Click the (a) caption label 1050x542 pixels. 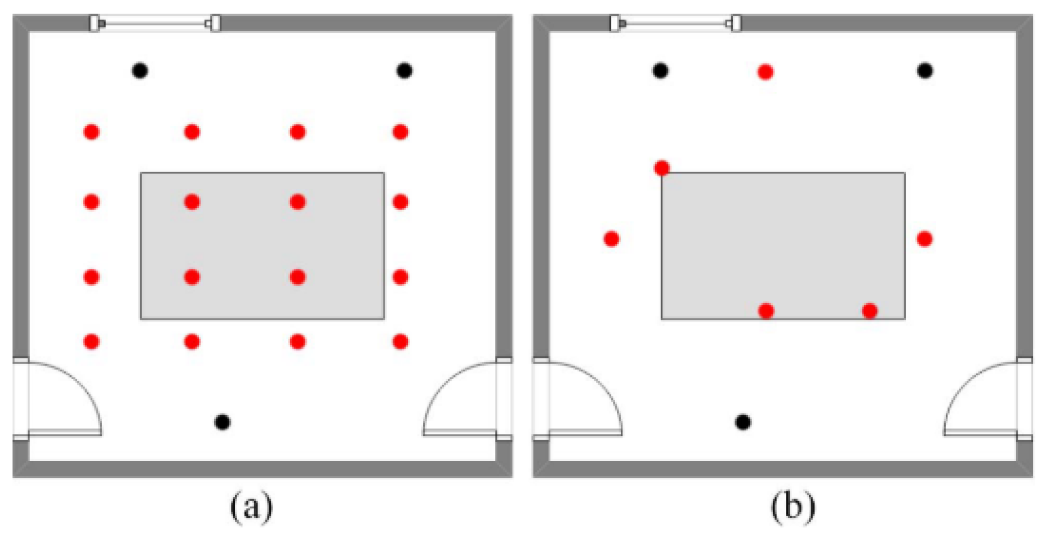(251, 507)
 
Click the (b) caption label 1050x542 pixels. (793, 507)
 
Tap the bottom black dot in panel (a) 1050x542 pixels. (223, 422)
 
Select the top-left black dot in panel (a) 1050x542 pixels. (140, 70)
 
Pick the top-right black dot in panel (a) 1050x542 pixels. (404, 70)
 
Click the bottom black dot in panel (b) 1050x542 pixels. (743, 422)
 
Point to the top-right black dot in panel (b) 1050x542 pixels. (925, 70)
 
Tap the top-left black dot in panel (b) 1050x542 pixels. (661, 70)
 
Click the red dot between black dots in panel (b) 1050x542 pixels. (765, 72)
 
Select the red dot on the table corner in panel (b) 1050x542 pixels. (662, 168)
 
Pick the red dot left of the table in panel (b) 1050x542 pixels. (612, 239)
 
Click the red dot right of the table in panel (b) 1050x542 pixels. (924, 239)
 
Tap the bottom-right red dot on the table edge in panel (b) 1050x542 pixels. (870, 310)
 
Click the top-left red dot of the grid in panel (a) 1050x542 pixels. (92, 132)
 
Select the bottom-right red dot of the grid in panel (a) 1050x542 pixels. (401, 341)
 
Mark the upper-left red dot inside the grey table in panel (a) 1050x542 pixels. (192, 202)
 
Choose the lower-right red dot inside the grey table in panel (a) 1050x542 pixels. (298, 277)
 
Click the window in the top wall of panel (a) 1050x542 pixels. (155, 24)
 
